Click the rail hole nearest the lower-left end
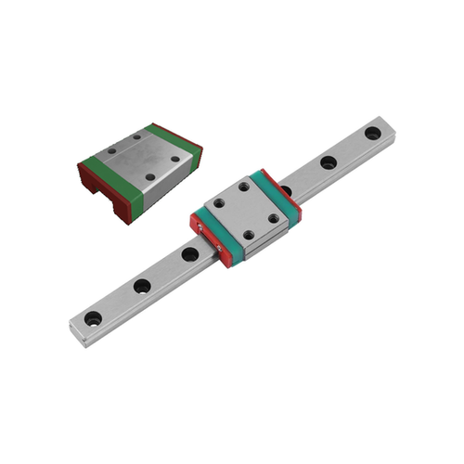(93, 318)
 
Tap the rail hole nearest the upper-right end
(373, 134)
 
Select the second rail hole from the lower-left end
(142, 286)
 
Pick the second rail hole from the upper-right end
(329, 162)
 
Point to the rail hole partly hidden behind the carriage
(286, 190)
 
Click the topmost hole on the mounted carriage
(244, 187)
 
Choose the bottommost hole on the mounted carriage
(248, 236)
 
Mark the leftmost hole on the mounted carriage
(218, 202)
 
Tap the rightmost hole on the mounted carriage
(274, 219)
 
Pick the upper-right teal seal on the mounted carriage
(277, 190)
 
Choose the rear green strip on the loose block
(172, 138)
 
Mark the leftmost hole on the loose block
(112, 149)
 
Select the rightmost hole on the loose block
(175, 159)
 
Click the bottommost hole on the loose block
(149, 176)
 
